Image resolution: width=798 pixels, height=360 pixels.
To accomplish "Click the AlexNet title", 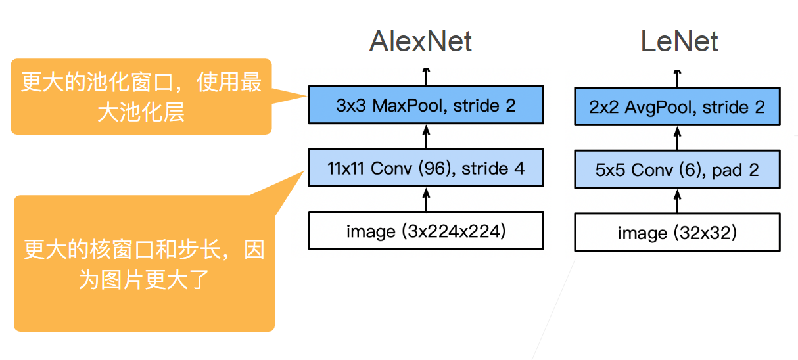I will [x=421, y=41].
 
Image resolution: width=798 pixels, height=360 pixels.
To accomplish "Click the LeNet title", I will [x=679, y=41].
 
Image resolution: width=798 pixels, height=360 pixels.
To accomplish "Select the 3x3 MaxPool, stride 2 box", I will [x=426, y=105].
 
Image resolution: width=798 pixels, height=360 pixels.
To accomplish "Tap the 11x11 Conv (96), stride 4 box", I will [x=426, y=168].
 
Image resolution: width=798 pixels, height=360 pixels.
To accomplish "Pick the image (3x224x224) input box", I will [x=426, y=231].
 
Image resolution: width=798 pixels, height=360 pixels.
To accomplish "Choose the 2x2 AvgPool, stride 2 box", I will [x=677, y=107].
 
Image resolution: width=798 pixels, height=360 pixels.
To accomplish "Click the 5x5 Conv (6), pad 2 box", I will [x=677, y=170].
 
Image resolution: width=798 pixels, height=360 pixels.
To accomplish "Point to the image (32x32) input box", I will [x=677, y=233].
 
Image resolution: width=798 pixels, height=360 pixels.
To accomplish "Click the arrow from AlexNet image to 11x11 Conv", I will [x=426, y=199].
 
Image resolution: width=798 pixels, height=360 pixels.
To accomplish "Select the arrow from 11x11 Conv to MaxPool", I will [x=426, y=137].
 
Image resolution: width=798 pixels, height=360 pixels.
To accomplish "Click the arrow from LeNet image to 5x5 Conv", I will [x=678, y=202].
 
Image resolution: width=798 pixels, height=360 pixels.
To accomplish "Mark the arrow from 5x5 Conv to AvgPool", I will [x=678, y=139].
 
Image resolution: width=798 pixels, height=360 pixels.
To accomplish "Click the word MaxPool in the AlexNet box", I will [x=400, y=105].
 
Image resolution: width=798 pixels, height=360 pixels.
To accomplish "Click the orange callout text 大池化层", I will [x=141, y=112].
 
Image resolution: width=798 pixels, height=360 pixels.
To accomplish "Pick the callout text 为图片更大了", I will [x=143, y=281].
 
